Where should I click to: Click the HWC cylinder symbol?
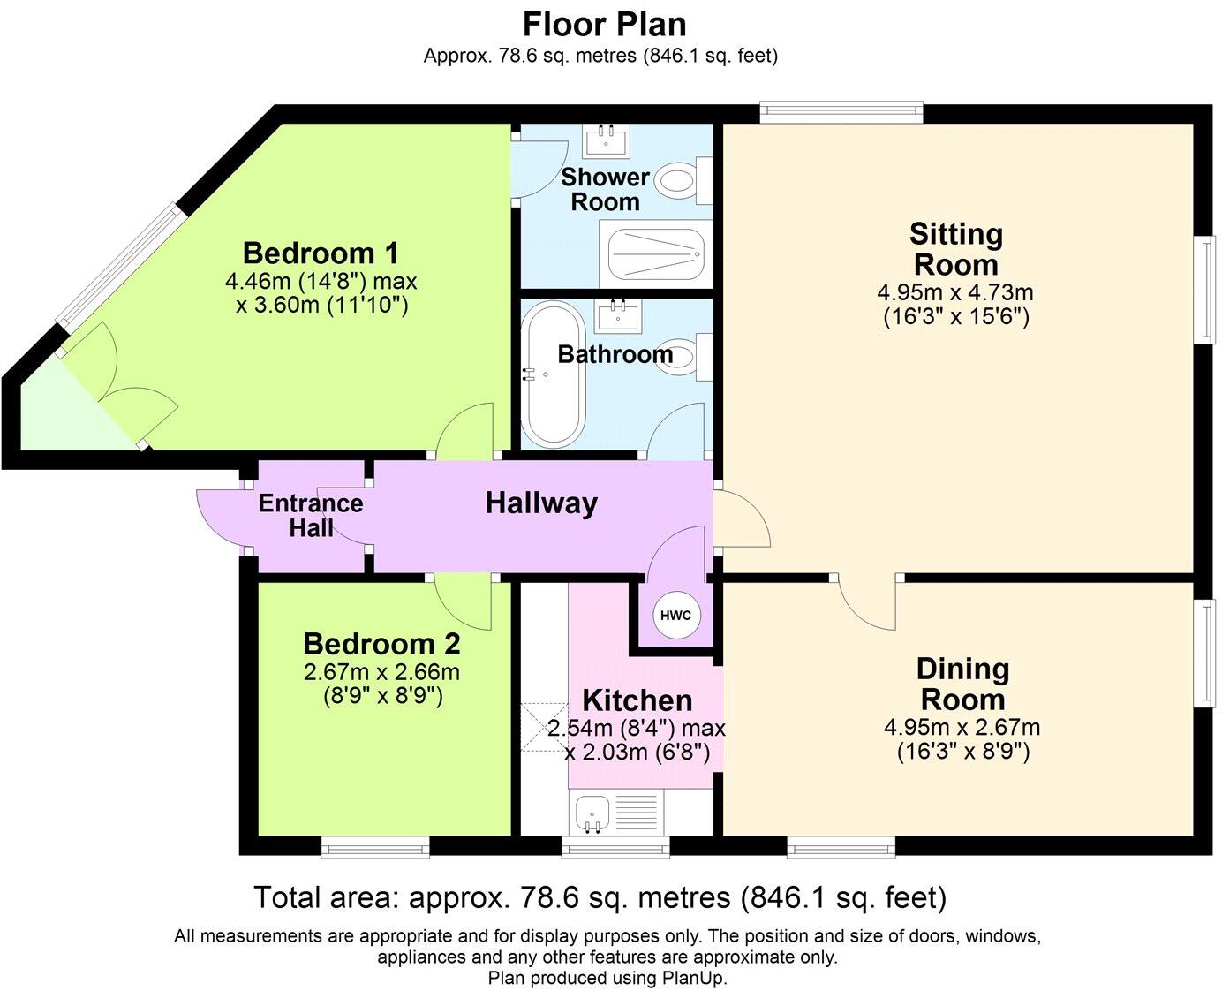(x=677, y=616)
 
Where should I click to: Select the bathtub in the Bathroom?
(x=552, y=374)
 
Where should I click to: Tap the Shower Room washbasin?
(x=606, y=138)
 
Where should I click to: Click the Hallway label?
(x=541, y=503)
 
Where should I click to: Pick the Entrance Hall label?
(x=311, y=516)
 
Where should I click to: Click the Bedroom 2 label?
(x=381, y=643)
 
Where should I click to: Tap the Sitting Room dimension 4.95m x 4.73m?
(x=955, y=292)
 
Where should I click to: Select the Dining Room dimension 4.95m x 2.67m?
(x=962, y=728)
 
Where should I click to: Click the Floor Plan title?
(x=604, y=24)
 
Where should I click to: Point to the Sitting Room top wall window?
(x=841, y=111)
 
